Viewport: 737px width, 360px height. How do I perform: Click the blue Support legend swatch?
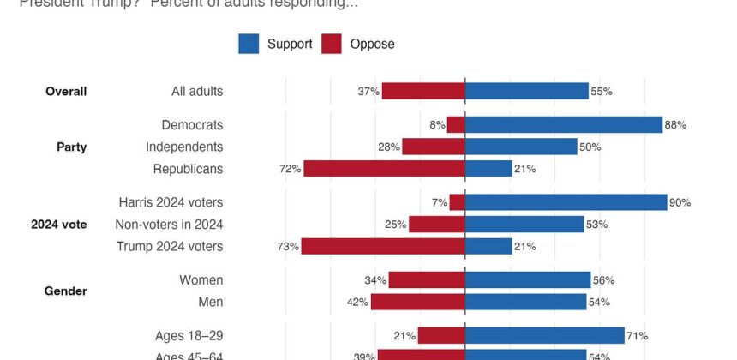point(249,44)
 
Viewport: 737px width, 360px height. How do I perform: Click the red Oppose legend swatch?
point(332,44)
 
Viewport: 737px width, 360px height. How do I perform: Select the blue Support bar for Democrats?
point(563,125)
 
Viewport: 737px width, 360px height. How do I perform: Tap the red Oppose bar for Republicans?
point(384,169)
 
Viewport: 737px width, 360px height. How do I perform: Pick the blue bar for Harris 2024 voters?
point(566,202)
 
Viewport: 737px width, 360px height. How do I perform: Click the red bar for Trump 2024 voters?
point(383,247)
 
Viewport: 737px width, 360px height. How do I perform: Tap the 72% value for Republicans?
point(290,169)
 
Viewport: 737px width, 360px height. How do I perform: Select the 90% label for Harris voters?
point(680,202)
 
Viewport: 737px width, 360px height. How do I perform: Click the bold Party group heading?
point(71,147)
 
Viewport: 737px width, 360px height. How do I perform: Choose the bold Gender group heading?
point(66,291)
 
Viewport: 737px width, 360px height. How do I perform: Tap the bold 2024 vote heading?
point(59,225)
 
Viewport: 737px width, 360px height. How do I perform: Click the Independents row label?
point(184,147)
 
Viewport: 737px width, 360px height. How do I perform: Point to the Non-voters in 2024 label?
point(169,225)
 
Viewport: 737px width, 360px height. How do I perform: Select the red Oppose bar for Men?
point(417,302)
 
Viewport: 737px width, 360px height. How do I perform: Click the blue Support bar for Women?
point(527,280)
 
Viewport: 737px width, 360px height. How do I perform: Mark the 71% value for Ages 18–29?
point(637,336)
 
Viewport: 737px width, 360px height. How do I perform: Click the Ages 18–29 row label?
point(189,336)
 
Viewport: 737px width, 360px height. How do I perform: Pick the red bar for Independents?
point(433,147)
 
